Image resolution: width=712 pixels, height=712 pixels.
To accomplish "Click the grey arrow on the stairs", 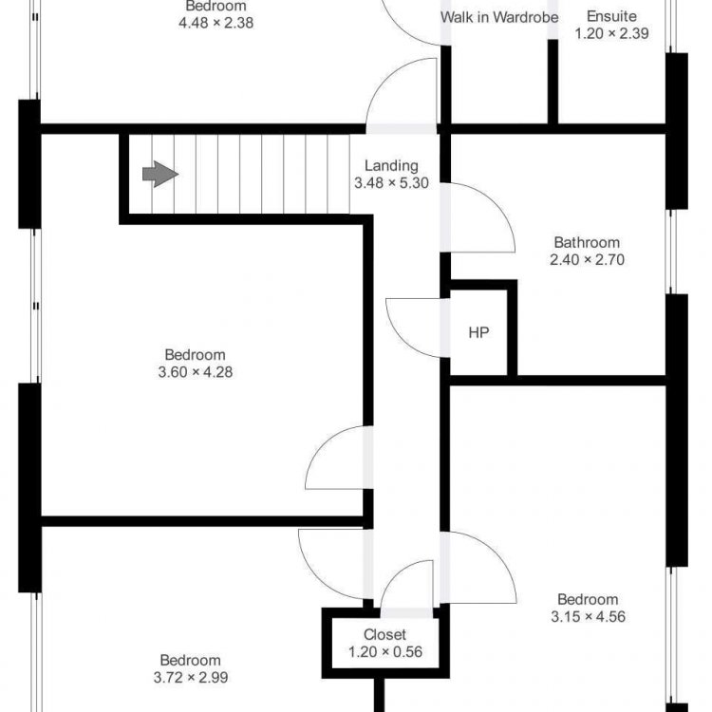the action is click(x=160, y=174).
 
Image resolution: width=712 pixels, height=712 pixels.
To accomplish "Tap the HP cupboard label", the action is click(x=478, y=333).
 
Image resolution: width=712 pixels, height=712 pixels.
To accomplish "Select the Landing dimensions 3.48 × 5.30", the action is click(x=391, y=183).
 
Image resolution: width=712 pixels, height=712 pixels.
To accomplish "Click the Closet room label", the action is click(x=384, y=634).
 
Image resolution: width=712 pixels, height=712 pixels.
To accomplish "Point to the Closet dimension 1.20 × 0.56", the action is click(x=385, y=652).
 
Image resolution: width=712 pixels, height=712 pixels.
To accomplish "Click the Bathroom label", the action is click(x=587, y=242).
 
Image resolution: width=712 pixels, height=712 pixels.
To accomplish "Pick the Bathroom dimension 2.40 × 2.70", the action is click(x=587, y=260).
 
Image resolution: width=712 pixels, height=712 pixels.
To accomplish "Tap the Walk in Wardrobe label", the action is click(x=499, y=17).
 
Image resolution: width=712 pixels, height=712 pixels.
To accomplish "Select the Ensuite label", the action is click(x=611, y=16).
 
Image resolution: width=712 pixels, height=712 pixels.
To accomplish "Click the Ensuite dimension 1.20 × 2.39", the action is click(x=611, y=33).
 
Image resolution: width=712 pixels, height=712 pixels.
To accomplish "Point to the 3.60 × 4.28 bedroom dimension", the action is click(x=196, y=372).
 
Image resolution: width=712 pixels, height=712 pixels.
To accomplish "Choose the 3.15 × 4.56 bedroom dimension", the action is click(x=588, y=617).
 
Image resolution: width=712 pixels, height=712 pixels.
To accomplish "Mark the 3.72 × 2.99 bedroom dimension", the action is click(x=191, y=678).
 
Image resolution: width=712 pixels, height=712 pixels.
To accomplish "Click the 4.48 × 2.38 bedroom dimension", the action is click(x=215, y=23).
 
